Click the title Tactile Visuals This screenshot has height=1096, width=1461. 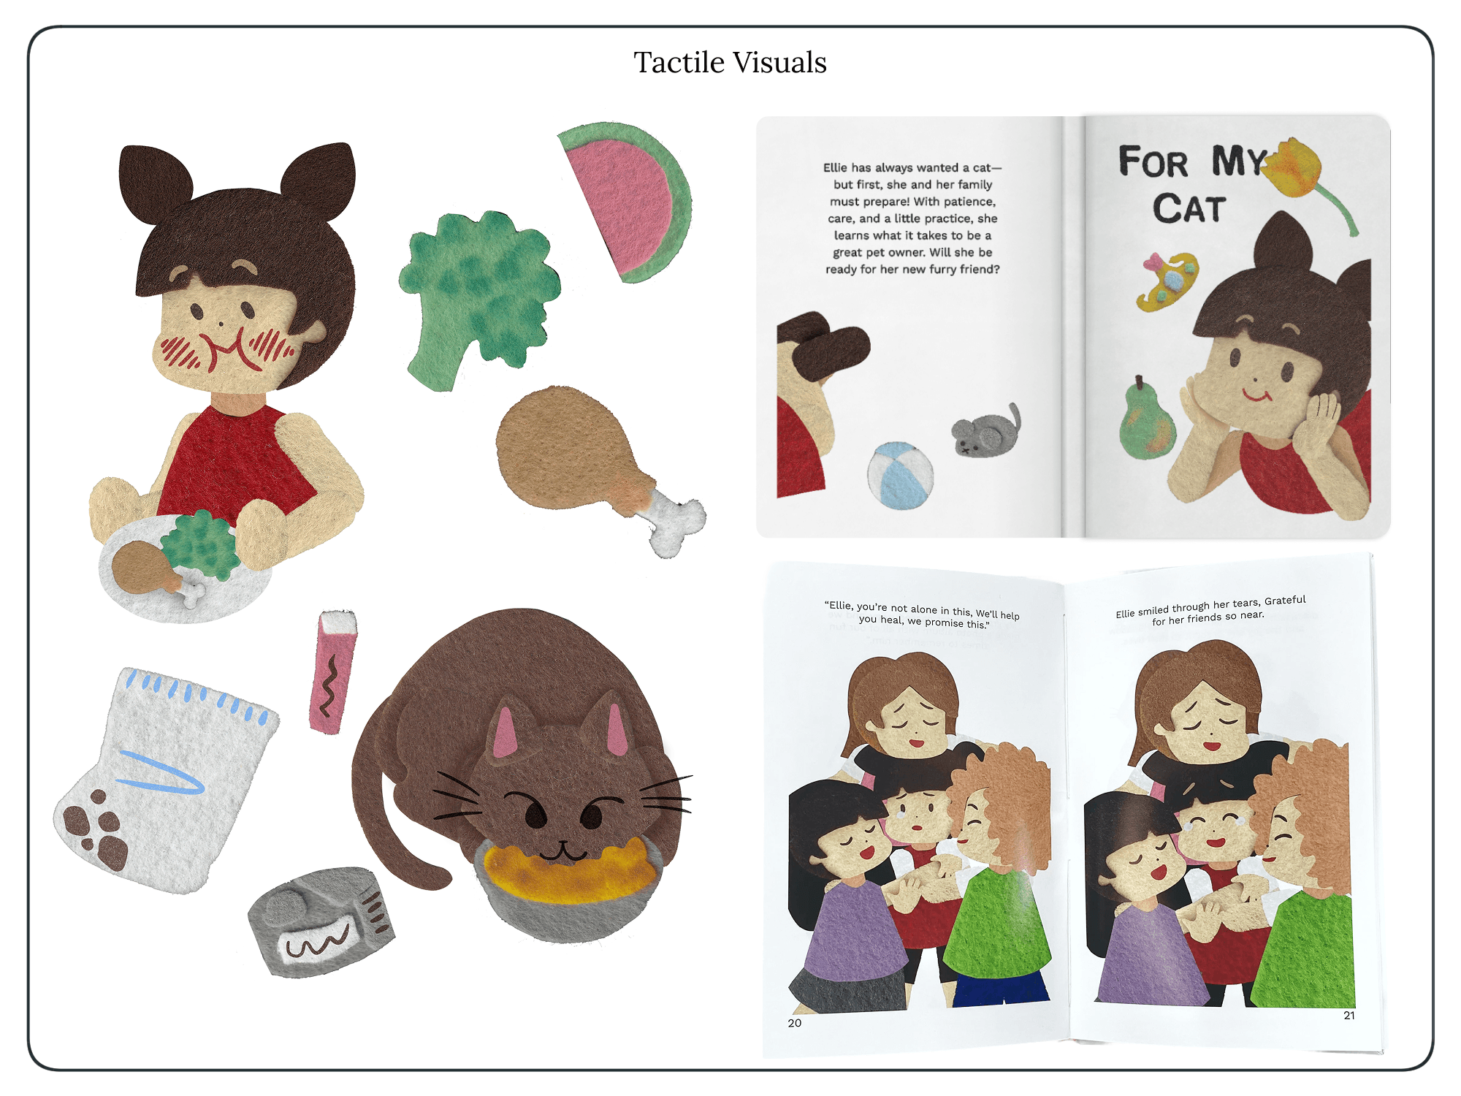[730, 63]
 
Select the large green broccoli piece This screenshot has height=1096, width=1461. [478, 296]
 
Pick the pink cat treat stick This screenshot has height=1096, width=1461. [333, 671]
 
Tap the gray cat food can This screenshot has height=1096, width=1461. [321, 921]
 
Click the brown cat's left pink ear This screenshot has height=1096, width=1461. [504, 731]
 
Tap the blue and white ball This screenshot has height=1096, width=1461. [900, 475]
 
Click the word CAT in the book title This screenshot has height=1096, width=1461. [1189, 209]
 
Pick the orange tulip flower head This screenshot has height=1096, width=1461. [1294, 167]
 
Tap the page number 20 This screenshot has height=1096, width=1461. [795, 1023]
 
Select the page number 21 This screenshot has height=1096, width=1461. [1349, 1015]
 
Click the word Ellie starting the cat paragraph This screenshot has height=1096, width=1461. [835, 168]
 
